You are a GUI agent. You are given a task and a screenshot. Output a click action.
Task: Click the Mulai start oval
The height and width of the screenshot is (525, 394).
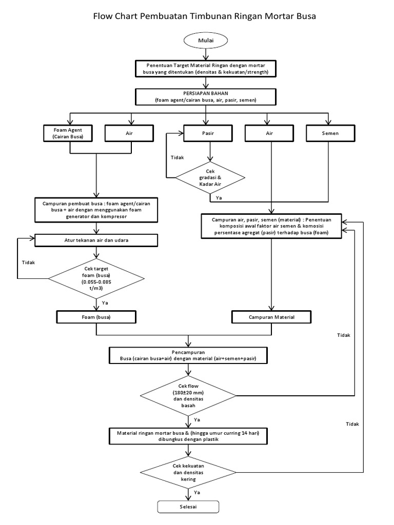coord(205,40)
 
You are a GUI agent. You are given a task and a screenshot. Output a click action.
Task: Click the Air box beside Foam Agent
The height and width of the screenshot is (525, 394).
coord(129,133)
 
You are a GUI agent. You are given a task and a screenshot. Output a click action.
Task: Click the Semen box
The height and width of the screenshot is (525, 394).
coord(330,133)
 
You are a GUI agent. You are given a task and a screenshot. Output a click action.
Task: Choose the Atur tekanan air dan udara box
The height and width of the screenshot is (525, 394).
coord(96,239)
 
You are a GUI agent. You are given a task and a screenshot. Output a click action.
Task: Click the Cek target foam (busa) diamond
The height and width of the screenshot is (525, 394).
coord(96,278)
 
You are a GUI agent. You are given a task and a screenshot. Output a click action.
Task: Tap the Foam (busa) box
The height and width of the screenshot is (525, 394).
coord(96,317)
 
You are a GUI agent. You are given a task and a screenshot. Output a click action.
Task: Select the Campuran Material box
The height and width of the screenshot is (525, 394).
coord(271,317)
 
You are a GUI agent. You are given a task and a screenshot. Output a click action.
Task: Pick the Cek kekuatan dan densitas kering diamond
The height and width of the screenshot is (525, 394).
coord(188,471)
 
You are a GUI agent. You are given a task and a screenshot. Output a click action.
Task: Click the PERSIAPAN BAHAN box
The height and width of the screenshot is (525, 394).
coord(206,96)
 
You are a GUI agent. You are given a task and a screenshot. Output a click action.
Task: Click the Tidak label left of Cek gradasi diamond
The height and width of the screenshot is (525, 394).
coord(178,157)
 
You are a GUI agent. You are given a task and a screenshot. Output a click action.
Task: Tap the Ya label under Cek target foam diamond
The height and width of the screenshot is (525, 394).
coord(105,303)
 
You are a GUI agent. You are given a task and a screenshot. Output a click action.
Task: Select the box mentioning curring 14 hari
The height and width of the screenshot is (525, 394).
coord(188,436)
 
